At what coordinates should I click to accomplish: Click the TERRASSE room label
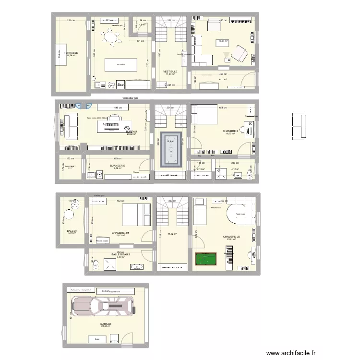pos(71,53)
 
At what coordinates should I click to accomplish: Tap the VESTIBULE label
pos(170,71)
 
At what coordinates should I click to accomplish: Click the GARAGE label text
pos(106,324)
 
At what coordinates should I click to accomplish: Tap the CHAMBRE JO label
pos(231,237)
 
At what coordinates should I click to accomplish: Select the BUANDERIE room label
pos(118,166)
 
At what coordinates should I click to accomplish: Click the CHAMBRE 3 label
pos(230,131)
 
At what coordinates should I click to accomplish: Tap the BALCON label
pos(72,230)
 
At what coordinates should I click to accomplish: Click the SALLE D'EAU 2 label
pos(120,254)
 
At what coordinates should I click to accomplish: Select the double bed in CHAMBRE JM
pos(135,215)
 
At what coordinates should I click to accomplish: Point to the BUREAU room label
pos(131,132)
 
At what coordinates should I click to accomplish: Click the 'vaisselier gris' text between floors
pos(130,97)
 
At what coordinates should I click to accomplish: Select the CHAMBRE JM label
pos(120,233)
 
